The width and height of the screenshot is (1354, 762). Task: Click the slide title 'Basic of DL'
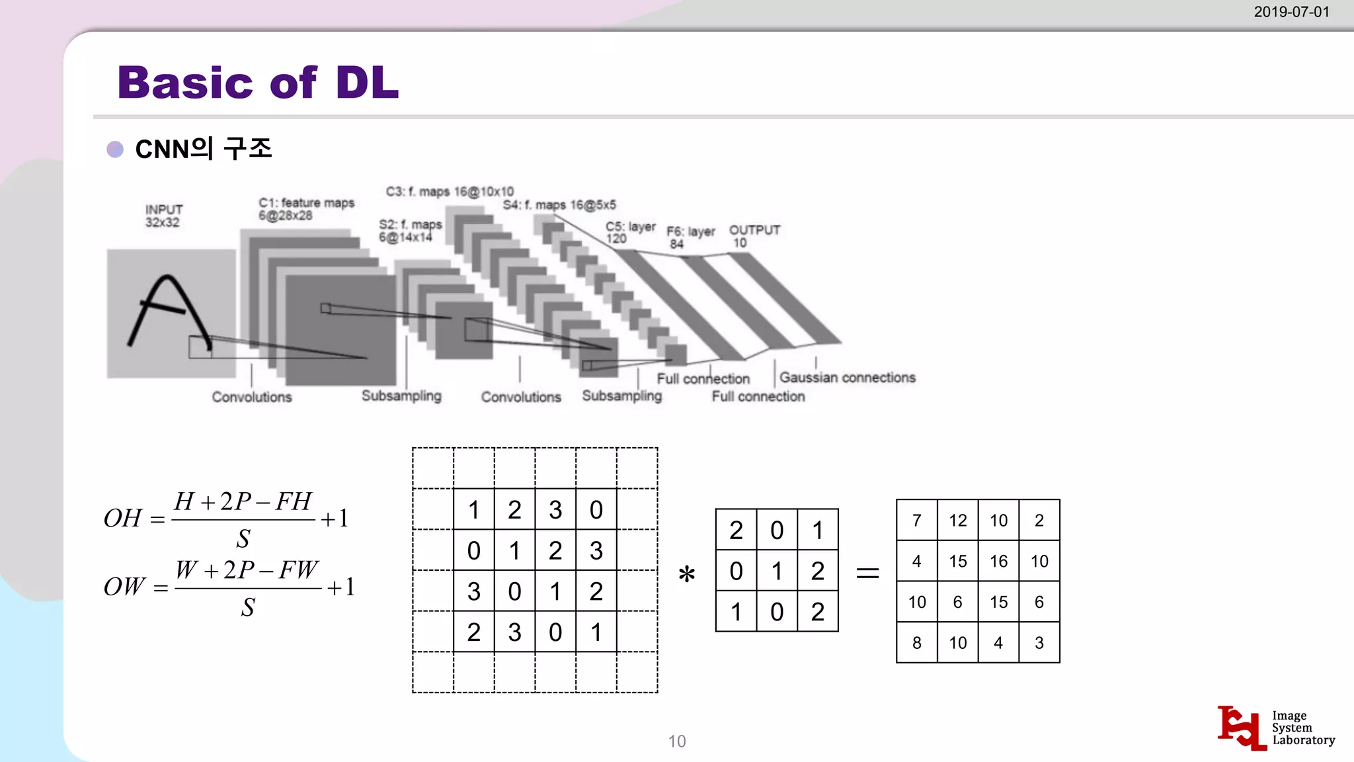(258, 83)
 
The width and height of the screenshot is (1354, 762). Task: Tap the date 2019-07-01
(1291, 12)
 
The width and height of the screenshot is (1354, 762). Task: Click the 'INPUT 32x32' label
(163, 216)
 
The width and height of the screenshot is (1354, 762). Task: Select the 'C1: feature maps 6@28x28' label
(306, 209)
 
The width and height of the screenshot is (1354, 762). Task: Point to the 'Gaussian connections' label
(847, 378)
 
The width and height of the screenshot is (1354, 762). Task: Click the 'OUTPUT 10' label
(754, 236)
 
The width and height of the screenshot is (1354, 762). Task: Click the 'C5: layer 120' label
(630, 232)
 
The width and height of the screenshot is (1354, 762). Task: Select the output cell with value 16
(998, 562)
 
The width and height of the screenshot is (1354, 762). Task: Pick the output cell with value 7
(916, 521)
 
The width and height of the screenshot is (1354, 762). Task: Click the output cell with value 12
(957, 521)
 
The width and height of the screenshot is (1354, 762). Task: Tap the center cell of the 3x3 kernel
(777, 571)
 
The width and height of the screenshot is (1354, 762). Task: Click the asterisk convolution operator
(687, 573)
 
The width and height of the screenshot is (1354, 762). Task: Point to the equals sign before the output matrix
(867, 573)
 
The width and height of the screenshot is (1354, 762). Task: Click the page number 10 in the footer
(677, 741)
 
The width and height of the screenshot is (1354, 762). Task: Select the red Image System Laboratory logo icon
(1241, 728)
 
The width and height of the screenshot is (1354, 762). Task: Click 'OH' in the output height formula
(123, 519)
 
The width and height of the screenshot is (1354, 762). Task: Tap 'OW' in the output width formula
(124, 587)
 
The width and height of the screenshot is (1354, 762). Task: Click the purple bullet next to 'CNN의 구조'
(115, 149)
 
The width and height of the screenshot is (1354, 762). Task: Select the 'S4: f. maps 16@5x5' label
(559, 205)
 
